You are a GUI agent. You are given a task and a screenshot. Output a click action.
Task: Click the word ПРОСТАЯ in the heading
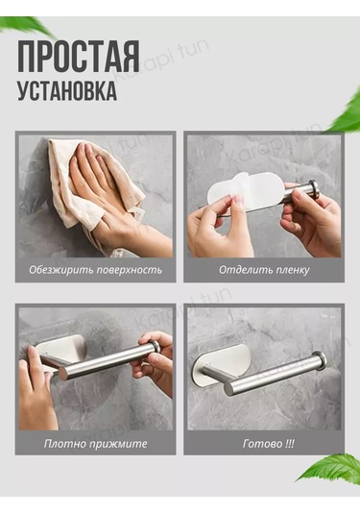click(79, 57)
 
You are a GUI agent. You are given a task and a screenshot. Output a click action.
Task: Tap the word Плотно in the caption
click(61, 444)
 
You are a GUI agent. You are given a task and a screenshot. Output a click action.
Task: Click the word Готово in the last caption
click(262, 444)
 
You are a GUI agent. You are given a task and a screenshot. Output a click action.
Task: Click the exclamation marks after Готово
click(290, 444)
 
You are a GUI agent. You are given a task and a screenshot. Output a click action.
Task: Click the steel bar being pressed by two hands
click(108, 360)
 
